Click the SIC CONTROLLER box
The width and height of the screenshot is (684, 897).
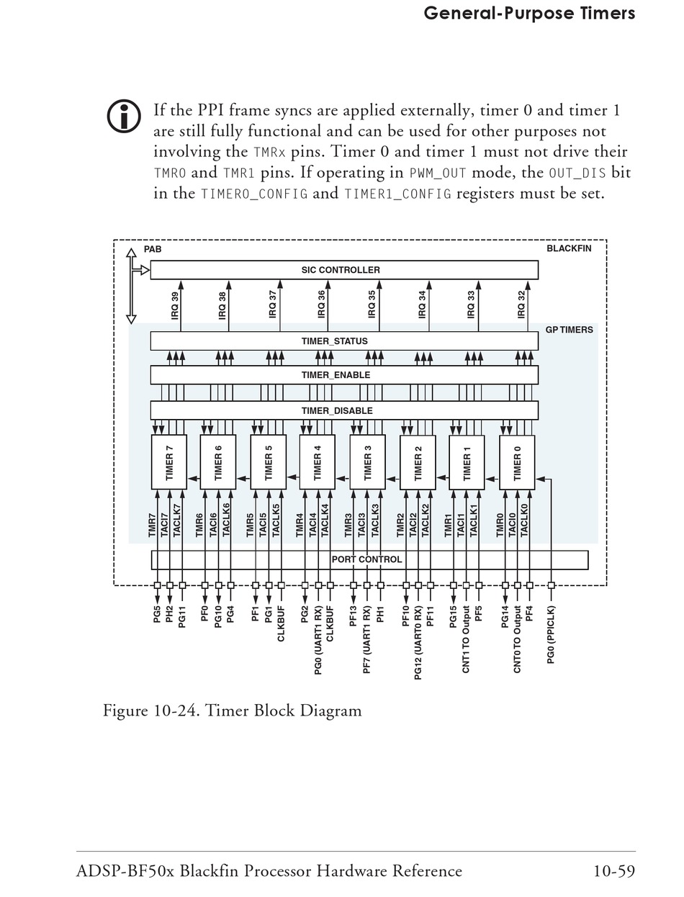coord(343,270)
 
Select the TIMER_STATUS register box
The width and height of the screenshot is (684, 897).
coord(343,341)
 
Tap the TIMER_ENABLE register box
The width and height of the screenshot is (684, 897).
coord(343,375)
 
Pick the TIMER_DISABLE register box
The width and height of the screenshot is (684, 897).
coord(343,410)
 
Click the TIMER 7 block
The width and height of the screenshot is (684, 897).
coord(169,462)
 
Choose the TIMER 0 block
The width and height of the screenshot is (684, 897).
coord(517,462)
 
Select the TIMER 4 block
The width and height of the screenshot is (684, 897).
coord(318,462)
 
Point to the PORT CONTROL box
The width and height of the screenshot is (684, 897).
coord(369,559)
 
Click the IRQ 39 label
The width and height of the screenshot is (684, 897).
coord(174,306)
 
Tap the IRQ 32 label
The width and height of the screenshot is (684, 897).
coord(521,306)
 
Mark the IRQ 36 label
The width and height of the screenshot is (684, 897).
coord(322,306)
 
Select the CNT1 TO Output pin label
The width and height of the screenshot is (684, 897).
coord(466,639)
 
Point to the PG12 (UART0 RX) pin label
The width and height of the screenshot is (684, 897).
coord(418,642)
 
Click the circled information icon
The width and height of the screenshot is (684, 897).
coord(124,116)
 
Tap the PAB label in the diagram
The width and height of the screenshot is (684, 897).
coord(153,249)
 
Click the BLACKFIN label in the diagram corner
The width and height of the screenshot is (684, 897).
coord(569,248)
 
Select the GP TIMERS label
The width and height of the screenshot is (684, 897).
coord(569,330)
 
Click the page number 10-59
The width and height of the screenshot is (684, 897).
coord(613,871)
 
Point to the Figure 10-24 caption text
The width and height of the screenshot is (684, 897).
coord(232,711)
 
